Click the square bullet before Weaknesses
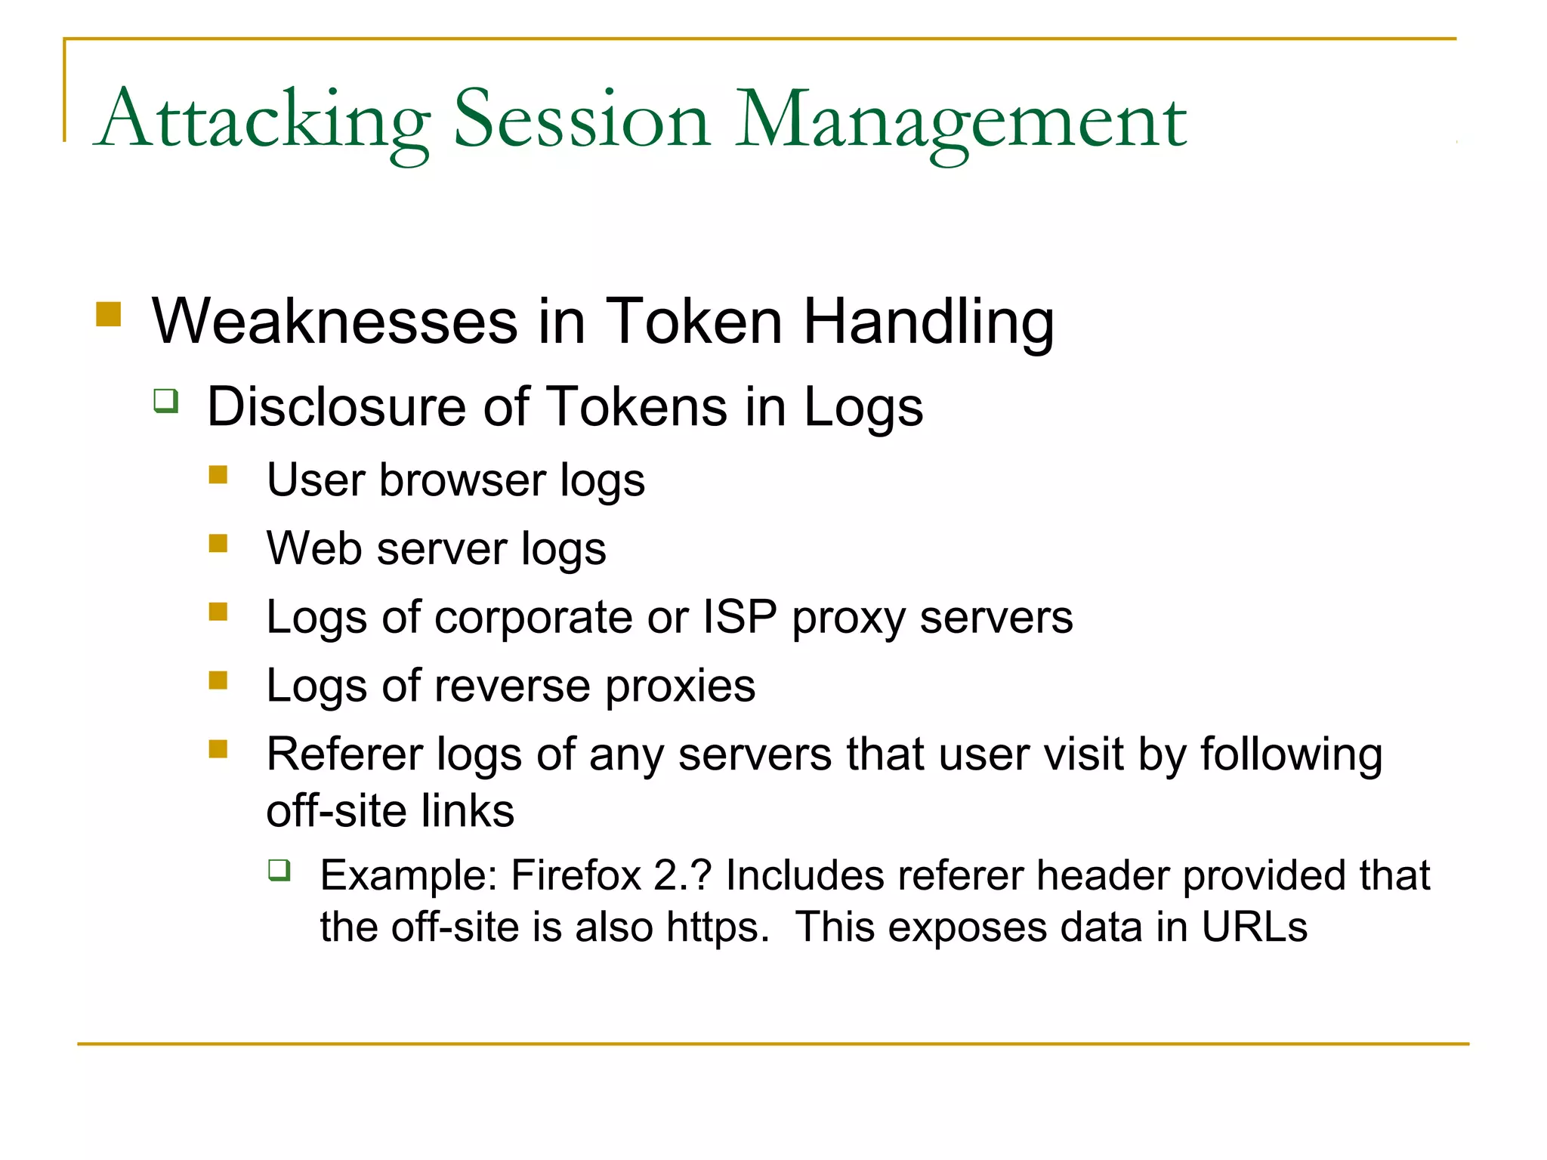point(109,314)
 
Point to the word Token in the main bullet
point(693,322)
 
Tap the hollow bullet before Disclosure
point(166,400)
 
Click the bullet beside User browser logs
point(218,474)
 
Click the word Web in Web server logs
point(313,548)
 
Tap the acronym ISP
point(740,617)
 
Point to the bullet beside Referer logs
point(218,748)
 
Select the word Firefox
point(576,876)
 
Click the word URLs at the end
point(1254,927)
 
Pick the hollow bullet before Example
point(279,871)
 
